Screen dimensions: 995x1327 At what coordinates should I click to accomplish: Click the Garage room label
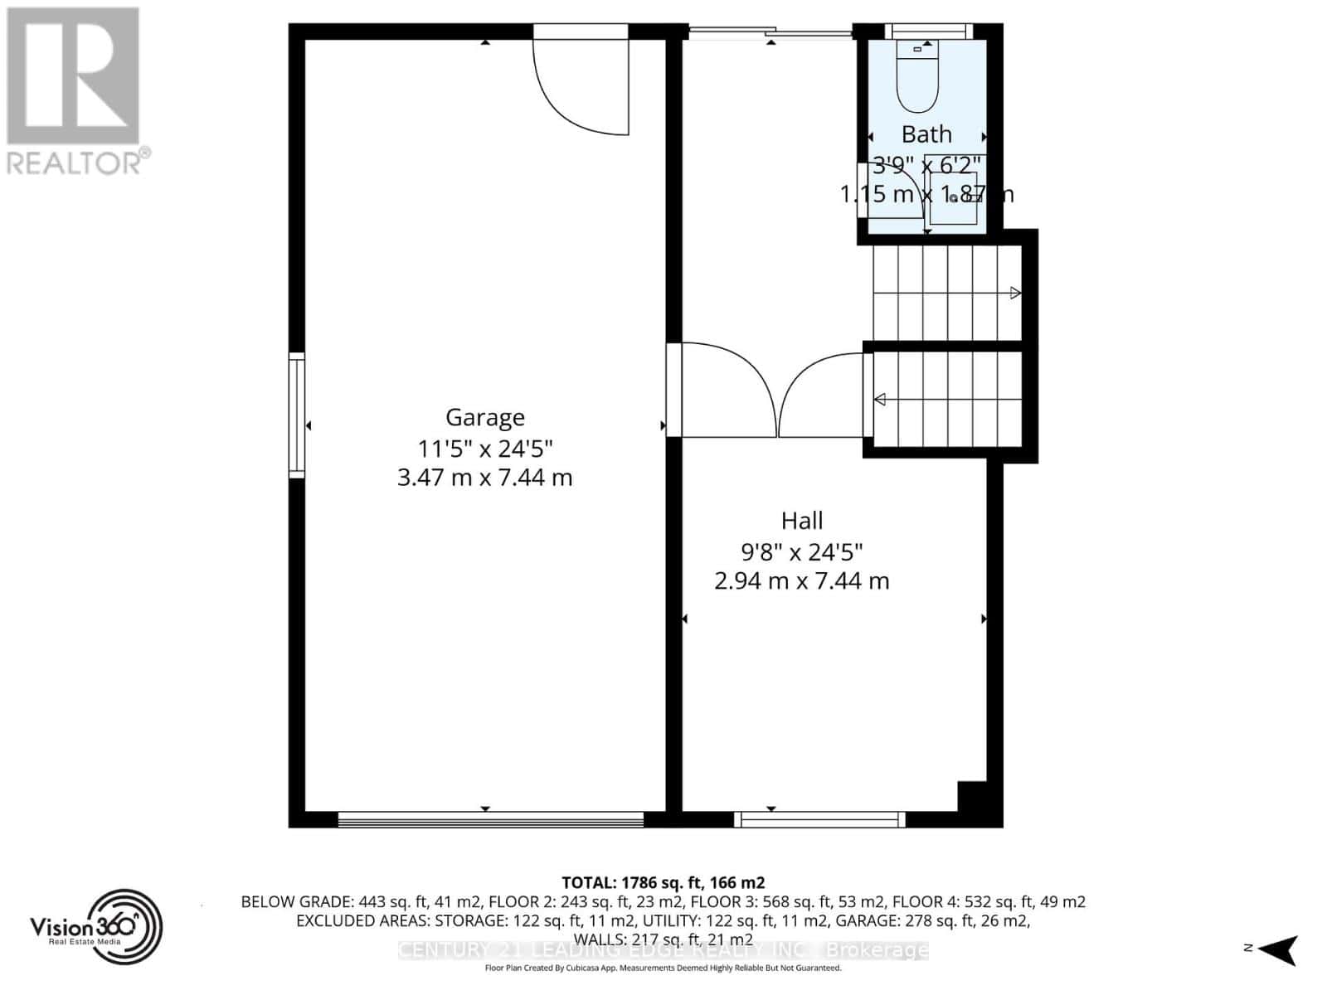(x=485, y=417)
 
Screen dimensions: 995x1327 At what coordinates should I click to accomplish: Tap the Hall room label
(x=802, y=521)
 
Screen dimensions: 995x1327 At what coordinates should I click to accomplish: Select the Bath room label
(x=926, y=134)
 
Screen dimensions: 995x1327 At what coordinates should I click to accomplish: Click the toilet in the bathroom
(x=916, y=79)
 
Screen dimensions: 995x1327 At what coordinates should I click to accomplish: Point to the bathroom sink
(x=953, y=198)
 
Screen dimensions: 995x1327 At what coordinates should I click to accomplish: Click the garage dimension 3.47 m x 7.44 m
(x=485, y=478)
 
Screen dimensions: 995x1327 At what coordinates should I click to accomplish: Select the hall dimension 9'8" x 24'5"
(x=802, y=551)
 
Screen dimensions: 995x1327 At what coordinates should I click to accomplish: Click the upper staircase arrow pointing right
(x=1015, y=293)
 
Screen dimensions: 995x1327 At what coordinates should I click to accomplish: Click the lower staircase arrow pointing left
(x=880, y=400)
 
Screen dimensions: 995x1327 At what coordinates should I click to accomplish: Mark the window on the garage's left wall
(x=296, y=415)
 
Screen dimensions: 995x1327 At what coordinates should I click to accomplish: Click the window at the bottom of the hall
(x=820, y=820)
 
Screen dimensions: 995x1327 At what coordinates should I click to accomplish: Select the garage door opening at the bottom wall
(x=491, y=820)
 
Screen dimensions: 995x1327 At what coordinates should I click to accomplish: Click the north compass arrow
(x=1281, y=949)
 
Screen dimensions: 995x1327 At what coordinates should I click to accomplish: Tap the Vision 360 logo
(x=95, y=928)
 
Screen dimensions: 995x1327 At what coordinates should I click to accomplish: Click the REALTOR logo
(x=75, y=91)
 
